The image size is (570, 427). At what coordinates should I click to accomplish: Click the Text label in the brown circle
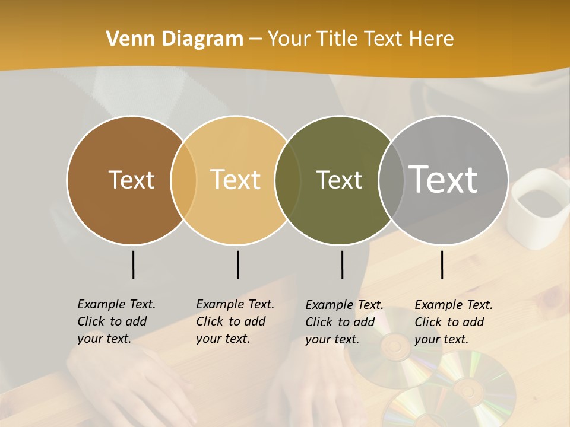[x=131, y=180]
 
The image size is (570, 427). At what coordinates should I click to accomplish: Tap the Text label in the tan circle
[x=236, y=180]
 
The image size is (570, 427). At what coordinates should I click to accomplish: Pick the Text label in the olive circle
[x=339, y=180]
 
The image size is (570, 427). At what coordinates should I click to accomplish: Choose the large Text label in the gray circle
[x=444, y=180]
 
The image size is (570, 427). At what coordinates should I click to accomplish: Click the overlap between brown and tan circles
[x=183, y=180]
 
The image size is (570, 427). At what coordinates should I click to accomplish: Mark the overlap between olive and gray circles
[x=390, y=180]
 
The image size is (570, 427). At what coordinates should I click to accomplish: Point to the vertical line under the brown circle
[x=133, y=265]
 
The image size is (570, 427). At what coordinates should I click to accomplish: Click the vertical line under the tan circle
[x=237, y=265]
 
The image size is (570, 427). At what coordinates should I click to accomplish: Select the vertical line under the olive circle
[x=342, y=265]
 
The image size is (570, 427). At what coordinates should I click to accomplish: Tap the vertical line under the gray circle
[x=442, y=265]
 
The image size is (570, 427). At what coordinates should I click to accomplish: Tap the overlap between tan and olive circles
[x=287, y=180]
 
